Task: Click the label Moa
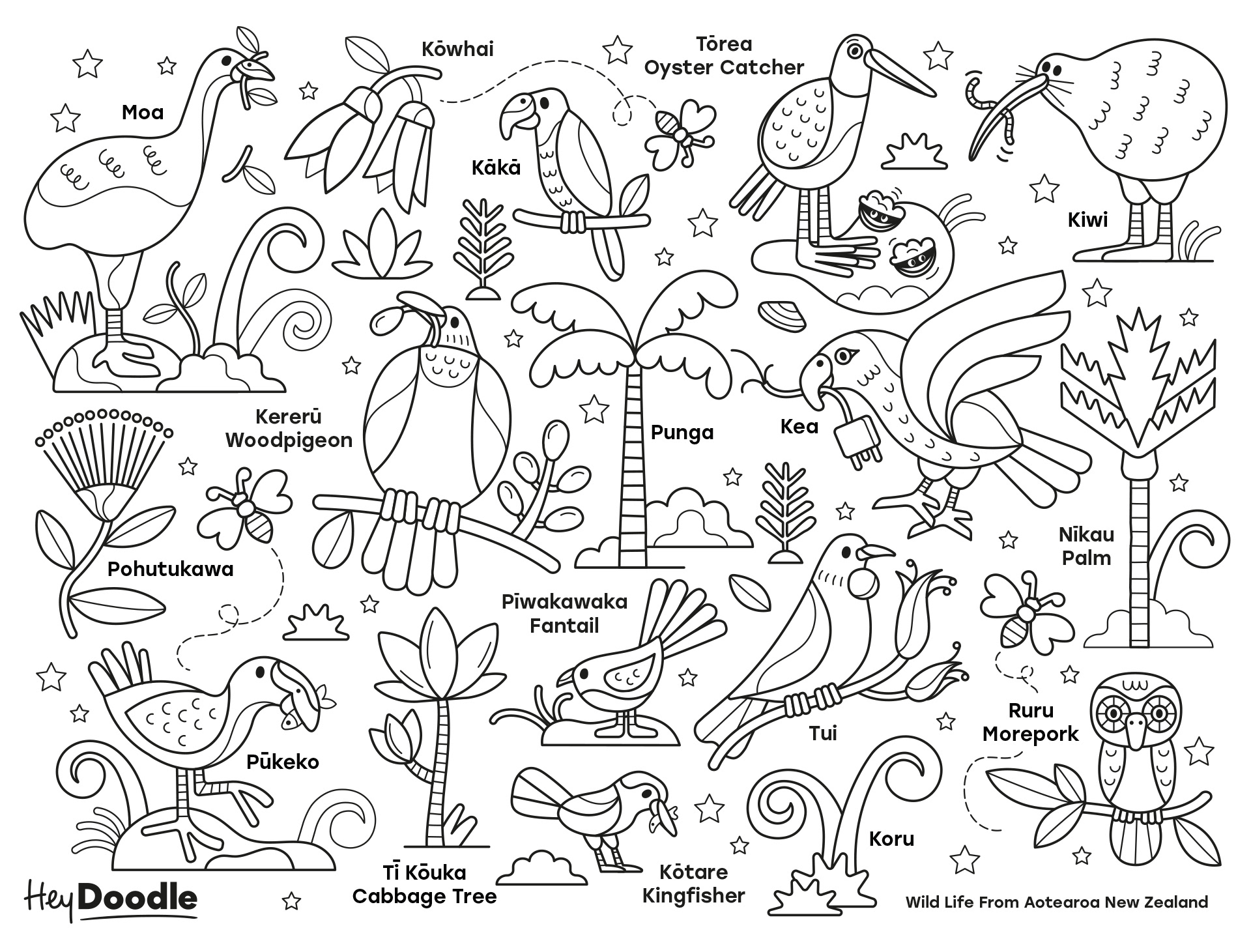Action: [143, 113]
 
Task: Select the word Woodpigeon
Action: [289, 440]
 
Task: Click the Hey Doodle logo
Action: [111, 899]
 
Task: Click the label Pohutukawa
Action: [170, 570]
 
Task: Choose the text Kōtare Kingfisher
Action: [693, 884]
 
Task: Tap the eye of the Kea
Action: [845, 355]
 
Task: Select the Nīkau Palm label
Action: [1086, 546]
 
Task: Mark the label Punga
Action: [682, 432]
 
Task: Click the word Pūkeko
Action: [282, 762]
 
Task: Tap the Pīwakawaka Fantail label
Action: [564, 613]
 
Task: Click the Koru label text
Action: [891, 839]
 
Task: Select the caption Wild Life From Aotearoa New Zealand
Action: [1056, 902]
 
